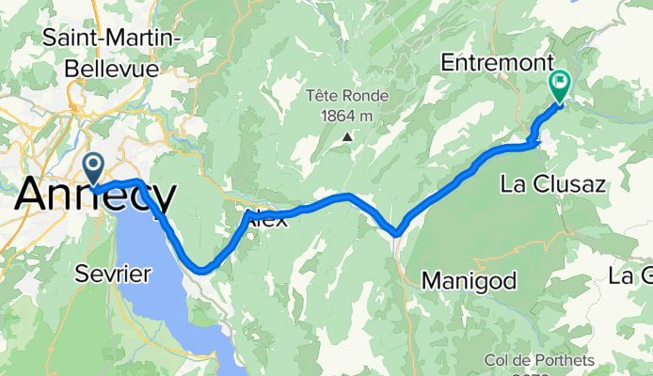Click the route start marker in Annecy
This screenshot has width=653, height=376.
(x=94, y=168)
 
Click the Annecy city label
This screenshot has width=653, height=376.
(x=94, y=196)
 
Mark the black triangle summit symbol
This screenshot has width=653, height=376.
(x=347, y=137)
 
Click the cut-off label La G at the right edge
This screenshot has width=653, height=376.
(x=630, y=275)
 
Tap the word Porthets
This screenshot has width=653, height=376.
(x=563, y=361)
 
